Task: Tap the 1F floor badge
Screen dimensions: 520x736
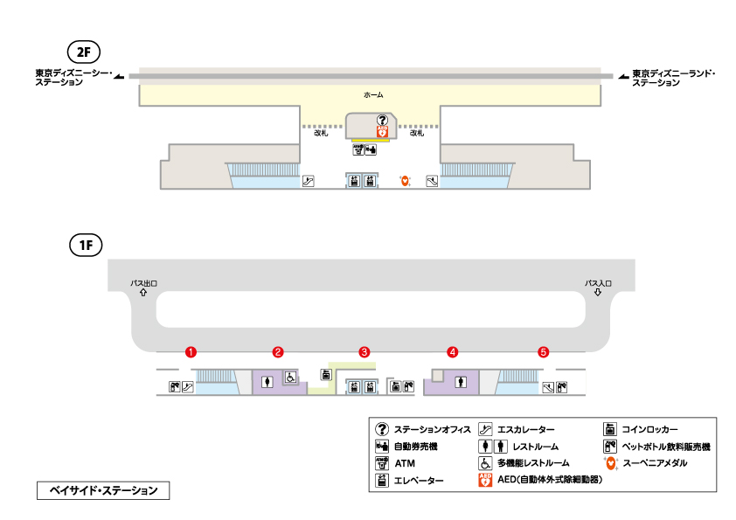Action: [x=86, y=245]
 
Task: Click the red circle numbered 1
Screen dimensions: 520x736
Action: [x=191, y=352]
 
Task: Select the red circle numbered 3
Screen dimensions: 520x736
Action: [x=365, y=352]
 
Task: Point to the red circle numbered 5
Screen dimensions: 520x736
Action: [x=544, y=352]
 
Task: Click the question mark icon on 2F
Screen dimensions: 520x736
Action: [x=381, y=120]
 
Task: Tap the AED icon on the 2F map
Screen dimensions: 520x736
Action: [x=382, y=131]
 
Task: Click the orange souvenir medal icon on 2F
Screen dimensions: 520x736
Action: [x=404, y=181]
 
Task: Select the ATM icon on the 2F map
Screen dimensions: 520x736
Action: [x=358, y=149]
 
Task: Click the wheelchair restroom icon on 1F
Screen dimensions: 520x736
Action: [x=289, y=379]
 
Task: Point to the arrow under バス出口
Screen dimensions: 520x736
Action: [x=142, y=293]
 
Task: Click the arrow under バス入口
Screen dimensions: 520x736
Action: [x=598, y=293]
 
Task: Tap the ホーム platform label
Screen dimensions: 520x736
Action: [x=373, y=94]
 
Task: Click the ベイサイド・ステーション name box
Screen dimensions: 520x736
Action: [x=102, y=491]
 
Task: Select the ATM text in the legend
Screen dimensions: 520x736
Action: [x=404, y=462]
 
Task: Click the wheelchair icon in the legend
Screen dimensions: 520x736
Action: [x=484, y=462]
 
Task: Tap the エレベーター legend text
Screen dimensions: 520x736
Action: [x=419, y=480]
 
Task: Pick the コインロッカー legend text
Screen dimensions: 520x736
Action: [x=650, y=429]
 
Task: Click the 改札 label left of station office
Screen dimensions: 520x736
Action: [x=321, y=133]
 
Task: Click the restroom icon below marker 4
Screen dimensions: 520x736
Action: [x=462, y=382]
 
